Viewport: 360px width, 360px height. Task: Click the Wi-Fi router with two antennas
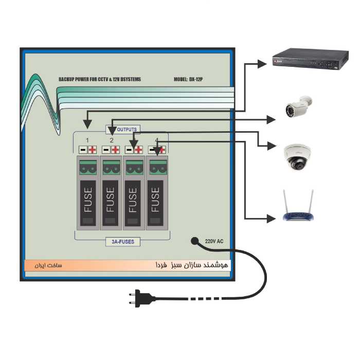point(298,208)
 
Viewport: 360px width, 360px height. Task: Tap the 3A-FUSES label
point(122,241)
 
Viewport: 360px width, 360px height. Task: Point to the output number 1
point(87,140)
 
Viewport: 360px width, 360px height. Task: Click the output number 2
point(112,140)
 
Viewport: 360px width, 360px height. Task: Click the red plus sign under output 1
point(93,150)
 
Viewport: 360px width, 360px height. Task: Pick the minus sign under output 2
point(106,150)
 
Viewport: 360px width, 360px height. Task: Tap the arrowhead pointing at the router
point(271,219)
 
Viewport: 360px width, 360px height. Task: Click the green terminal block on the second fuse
point(111,167)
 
